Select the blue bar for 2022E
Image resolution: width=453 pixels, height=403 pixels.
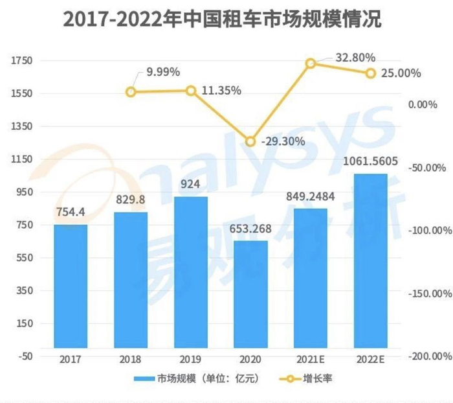click(x=370, y=260)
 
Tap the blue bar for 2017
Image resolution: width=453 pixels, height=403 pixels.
click(x=71, y=285)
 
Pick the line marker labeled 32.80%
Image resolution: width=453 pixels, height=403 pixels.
click(x=310, y=63)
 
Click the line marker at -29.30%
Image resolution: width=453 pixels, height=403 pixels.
click(x=250, y=141)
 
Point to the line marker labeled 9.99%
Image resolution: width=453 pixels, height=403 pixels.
click(x=131, y=92)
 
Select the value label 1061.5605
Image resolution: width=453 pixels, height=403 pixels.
click(x=370, y=162)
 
